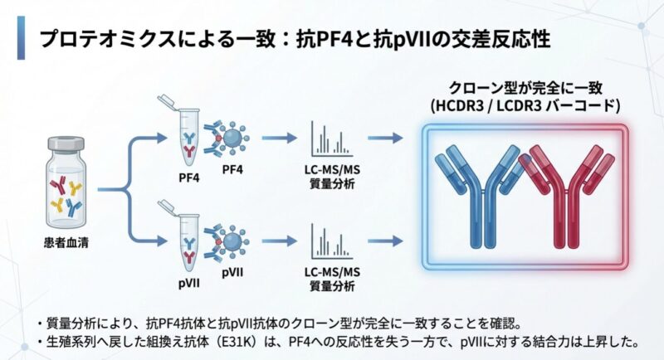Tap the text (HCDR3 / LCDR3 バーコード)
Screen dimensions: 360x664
(520, 105)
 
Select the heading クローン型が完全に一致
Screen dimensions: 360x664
(520, 87)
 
